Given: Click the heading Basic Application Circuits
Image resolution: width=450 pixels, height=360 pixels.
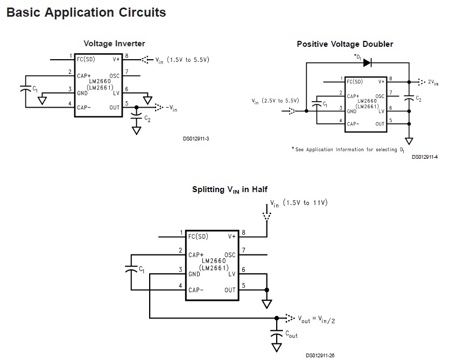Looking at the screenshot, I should [x=86, y=12].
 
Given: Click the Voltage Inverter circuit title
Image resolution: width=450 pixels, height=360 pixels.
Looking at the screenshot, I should [x=114, y=44].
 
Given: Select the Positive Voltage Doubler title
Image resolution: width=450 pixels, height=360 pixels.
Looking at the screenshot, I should [x=345, y=44].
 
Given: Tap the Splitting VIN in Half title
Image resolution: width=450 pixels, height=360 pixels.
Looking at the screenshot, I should [x=230, y=189].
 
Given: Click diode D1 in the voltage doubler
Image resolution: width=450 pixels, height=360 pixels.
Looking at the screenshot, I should [x=367, y=63].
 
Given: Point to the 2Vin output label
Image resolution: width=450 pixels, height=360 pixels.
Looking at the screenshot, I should [x=433, y=82].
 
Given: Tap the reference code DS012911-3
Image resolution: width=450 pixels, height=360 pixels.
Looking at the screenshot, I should [x=196, y=139].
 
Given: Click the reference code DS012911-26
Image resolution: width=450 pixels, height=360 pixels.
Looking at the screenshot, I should [x=320, y=355].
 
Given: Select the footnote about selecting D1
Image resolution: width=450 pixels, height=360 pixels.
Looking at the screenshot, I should [x=347, y=149].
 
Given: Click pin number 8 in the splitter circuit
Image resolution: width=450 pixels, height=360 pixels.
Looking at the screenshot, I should [x=244, y=232].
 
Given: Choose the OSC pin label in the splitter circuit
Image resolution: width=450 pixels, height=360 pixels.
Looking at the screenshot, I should [x=230, y=255].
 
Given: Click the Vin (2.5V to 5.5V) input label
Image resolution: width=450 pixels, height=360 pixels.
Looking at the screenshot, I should [x=275, y=101].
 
